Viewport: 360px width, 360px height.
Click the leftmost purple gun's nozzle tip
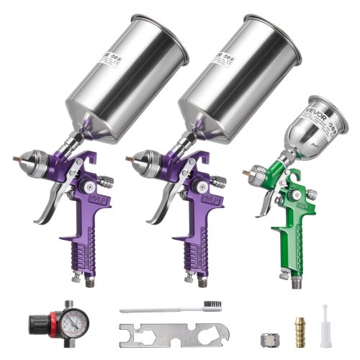point(14,154)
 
